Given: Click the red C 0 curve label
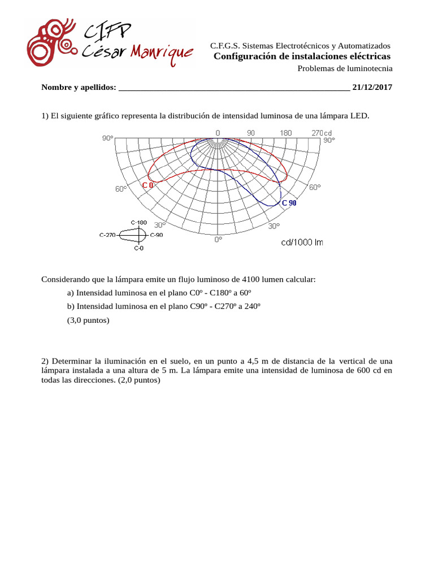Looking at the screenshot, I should (147, 185).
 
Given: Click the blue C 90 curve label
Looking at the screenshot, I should (289, 203).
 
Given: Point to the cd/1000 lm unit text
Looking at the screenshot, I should (302, 242).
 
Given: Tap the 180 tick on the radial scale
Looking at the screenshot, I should (285, 133).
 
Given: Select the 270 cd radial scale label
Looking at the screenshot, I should (322, 133).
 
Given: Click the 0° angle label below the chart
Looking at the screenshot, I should (218, 240).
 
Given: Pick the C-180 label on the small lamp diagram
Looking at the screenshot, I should (138, 222).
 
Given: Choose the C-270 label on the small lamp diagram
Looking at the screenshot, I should (108, 235).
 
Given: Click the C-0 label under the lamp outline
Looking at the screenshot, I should (138, 248).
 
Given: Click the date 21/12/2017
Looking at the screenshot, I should (372, 87).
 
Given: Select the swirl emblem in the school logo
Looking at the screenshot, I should (51, 42).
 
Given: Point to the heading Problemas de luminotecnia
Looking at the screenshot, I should (345, 68).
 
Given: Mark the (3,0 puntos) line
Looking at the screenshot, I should (88, 320).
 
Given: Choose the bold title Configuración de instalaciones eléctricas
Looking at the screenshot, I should (302, 57).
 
